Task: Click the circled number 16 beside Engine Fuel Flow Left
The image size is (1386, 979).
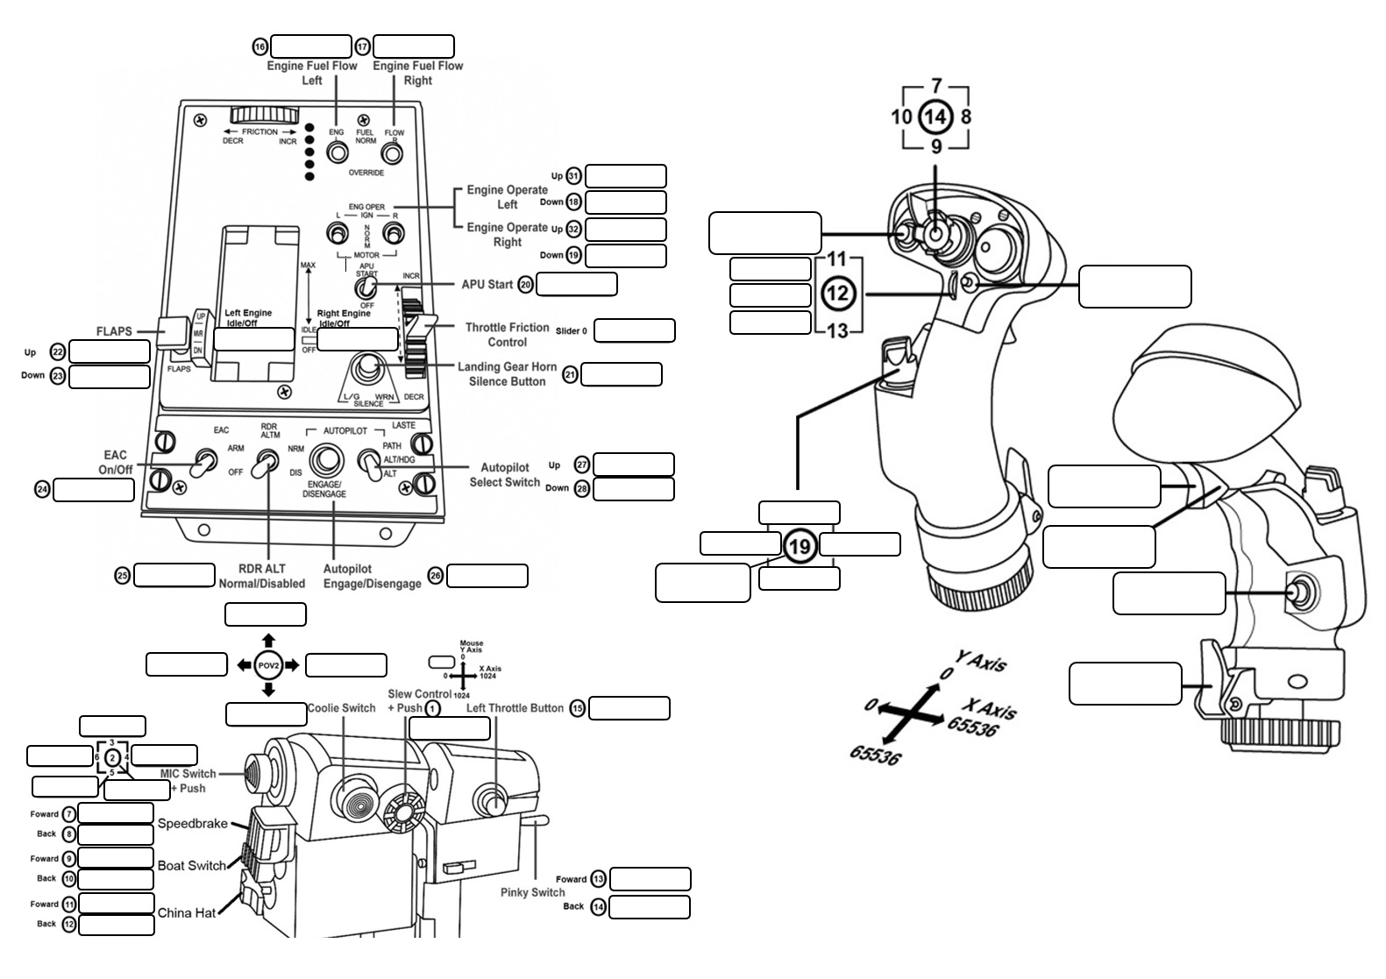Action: pyautogui.click(x=259, y=46)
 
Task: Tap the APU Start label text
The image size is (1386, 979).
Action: pyautogui.click(x=487, y=284)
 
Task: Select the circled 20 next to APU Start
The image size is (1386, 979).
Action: pyautogui.click(x=526, y=284)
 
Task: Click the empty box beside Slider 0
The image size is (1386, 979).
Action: pyautogui.click(x=634, y=330)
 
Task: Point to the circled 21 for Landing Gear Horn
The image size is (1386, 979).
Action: pyautogui.click(x=570, y=374)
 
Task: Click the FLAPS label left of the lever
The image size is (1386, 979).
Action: pyautogui.click(x=114, y=331)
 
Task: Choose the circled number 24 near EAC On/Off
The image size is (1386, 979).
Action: pyautogui.click(x=42, y=489)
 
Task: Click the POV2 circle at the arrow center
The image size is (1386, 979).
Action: pyautogui.click(x=268, y=665)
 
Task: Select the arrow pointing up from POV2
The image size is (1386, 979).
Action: pyautogui.click(x=268, y=641)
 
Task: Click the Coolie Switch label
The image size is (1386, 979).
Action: pyautogui.click(x=341, y=708)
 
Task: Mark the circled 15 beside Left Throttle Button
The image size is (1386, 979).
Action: pyautogui.click(x=577, y=708)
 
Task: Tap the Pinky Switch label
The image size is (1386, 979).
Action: pyautogui.click(x=532, y=892)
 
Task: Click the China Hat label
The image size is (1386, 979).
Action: pyautogui.click(x=186, y=913)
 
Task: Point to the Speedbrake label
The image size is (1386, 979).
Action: pyautogui.click(x=192, y=824)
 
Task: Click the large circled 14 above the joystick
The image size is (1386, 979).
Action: pyautogui.click(x=935, y=116)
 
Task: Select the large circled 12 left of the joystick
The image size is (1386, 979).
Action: pyautogui.click(x=837, y=293)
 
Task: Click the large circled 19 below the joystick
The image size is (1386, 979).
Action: pyautogui.click(x=800, y=547)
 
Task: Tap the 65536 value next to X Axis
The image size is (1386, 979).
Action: pyautogui.click(x=971, y=727)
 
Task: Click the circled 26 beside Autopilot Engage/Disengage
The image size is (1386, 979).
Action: pyautogui.click(x=436, y=576)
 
